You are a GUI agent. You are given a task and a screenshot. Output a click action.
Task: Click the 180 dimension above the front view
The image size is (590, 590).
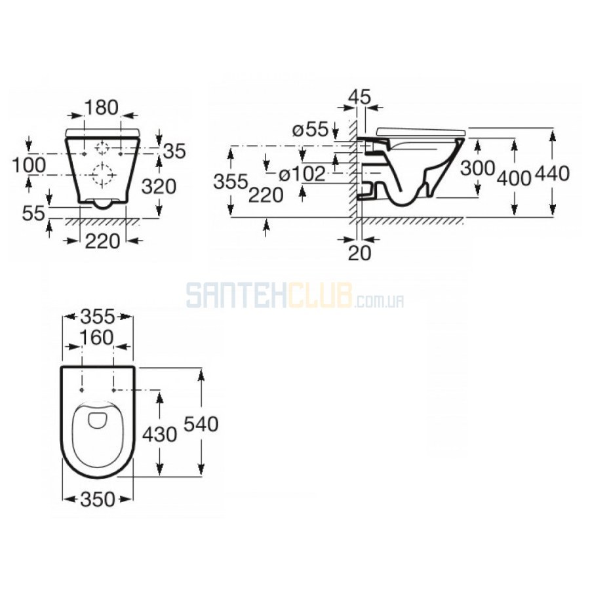[x=102, y=108]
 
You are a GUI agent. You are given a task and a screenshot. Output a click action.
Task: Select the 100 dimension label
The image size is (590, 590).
[x=29, y=165]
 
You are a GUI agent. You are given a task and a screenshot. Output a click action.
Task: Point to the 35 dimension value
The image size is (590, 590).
[x=174, y=151]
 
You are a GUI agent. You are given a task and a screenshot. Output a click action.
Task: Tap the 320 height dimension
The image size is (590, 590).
[x=159, y=186]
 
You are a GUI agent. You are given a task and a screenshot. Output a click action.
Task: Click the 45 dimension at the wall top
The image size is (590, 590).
[x=359, y=96]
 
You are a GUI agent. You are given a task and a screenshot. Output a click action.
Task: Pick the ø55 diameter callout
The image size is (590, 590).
[x=311, y=130]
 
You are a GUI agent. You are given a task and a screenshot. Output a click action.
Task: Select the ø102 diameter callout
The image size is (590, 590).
[x=302, y=174]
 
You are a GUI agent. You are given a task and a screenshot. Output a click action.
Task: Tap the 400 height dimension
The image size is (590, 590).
[x=515, y=177]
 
